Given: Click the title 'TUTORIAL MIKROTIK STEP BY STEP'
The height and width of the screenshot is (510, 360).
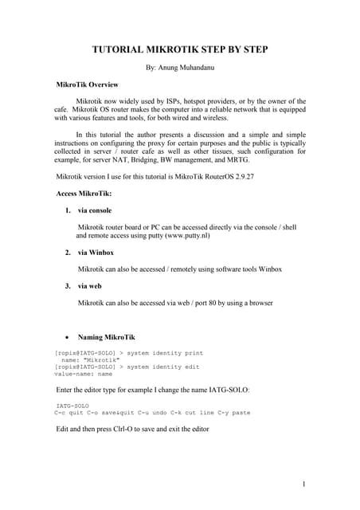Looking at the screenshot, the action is pos(181,50).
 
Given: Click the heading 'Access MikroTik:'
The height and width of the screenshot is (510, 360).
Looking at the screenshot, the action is pos(84,194).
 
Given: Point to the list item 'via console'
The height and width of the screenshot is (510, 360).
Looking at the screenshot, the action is pos(95,210).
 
